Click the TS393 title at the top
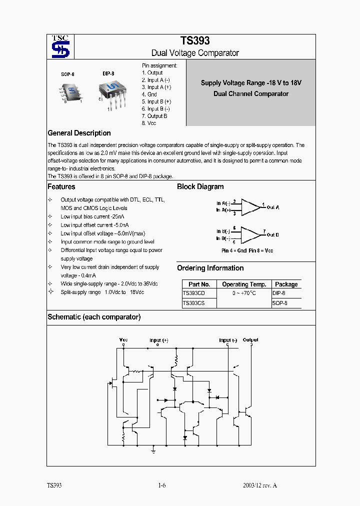click(195, 41)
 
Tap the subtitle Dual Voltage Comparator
click(195, 53)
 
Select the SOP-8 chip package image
click(71, 91)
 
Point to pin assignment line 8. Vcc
click(149, 123)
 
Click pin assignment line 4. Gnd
click(149, 94)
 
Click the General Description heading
click(79, 133)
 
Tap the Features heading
click(61, 186)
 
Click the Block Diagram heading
click(200, 186)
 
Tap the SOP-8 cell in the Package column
click(279, 302)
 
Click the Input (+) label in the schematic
click(158, 340)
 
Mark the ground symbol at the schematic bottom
click(153, 450)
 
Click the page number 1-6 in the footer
click(161, 485)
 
